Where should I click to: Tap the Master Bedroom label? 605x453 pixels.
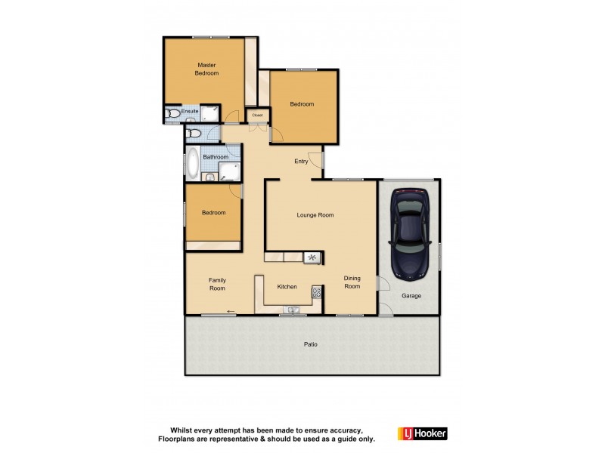point(206,69)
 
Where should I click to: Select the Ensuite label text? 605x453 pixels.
point(190,112)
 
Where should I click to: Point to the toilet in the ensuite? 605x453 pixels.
point(174,115)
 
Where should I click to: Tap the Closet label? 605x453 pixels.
point(257,115)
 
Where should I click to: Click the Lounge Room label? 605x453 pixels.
point(315,215)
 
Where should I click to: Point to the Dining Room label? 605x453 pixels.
point(352,282)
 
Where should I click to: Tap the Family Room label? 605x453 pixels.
point(217,284)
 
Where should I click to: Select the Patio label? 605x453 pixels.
point(311,344)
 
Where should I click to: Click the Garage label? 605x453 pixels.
point(411,295)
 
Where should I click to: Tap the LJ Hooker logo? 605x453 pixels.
point(422,433)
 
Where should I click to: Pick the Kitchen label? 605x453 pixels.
point(287,287)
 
